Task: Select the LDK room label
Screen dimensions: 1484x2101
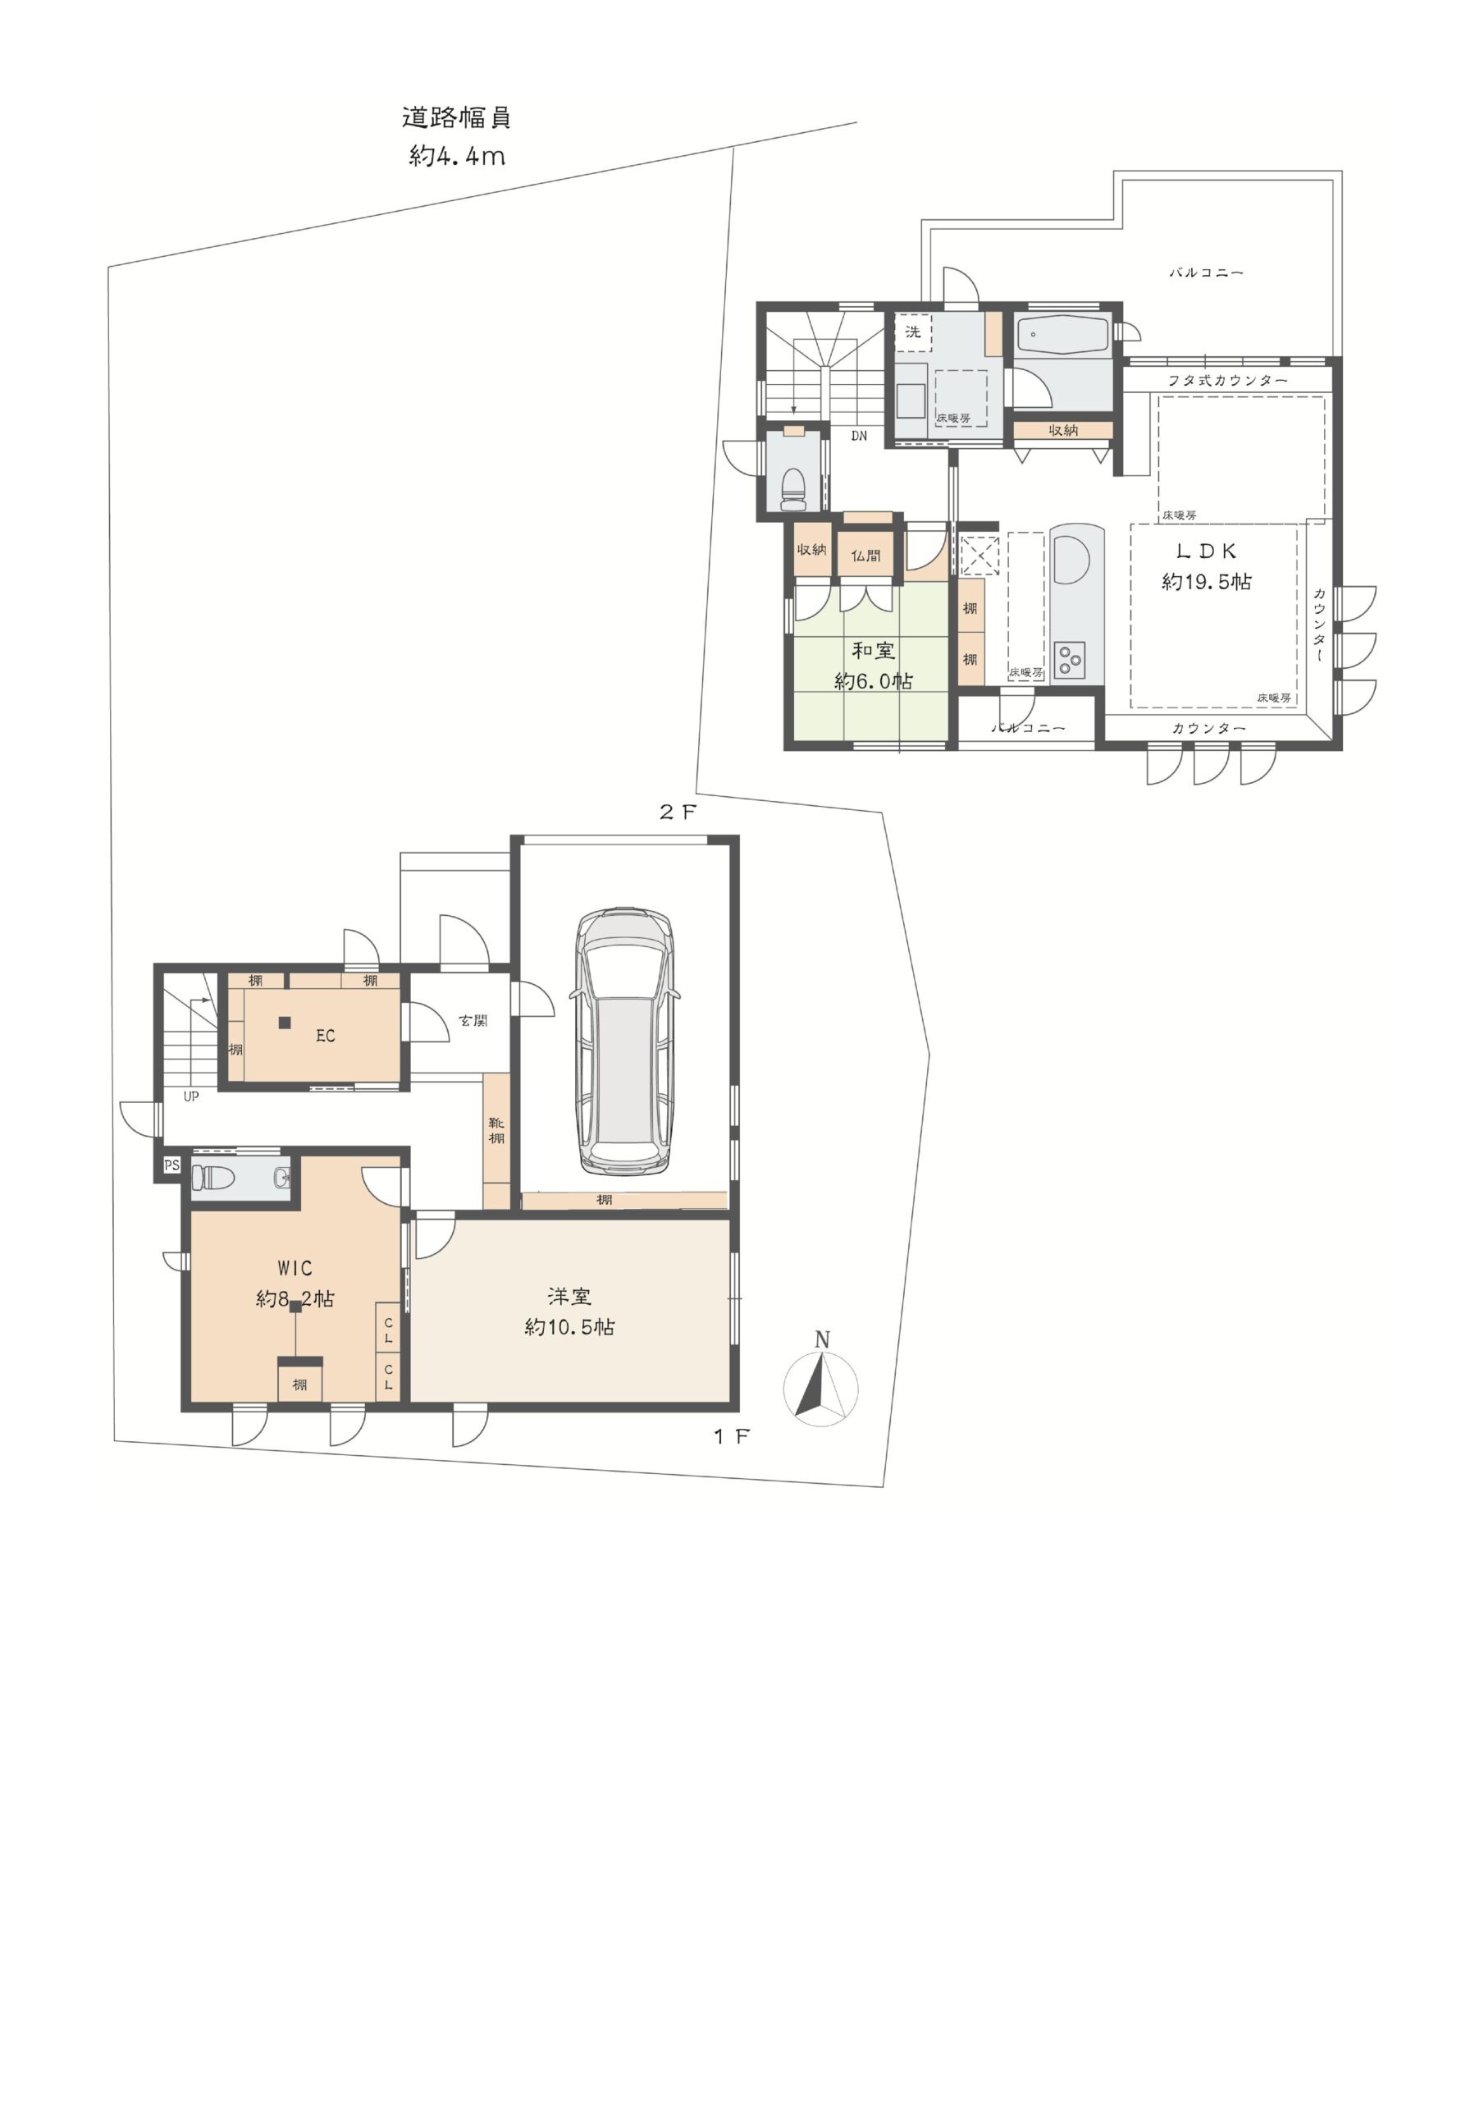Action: [x=1206, y=551]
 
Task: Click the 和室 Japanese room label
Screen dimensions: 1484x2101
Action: [x=873, y=651]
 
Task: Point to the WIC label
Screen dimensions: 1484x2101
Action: [x=295, y=1268]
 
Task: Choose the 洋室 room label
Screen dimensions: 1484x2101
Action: [x=569, y=1297]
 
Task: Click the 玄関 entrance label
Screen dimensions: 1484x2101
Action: [x=473, y=1020]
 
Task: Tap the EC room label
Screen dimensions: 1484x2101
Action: [x=325, y=1036]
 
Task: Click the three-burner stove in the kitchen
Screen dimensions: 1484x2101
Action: [x=1069, y=660]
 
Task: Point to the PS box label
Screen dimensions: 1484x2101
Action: [x=171, y=1165]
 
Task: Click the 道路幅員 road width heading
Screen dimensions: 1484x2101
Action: [x=455, y=118]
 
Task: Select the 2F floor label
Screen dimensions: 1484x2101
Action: [x=678, y=812]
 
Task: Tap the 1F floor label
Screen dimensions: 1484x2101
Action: [x=731, y=1437]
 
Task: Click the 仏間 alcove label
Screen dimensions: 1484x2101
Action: [x=865, y=556]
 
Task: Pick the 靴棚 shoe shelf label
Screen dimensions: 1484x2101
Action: [x=495, y=1131]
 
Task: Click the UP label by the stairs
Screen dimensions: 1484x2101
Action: [x=191, y=1096]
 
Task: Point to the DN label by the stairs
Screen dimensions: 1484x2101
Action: [x=858, y=437]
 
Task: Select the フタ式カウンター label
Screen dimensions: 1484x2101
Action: [x=1227, y=381]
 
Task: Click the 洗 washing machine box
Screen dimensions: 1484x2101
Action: [x=913, y=332]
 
